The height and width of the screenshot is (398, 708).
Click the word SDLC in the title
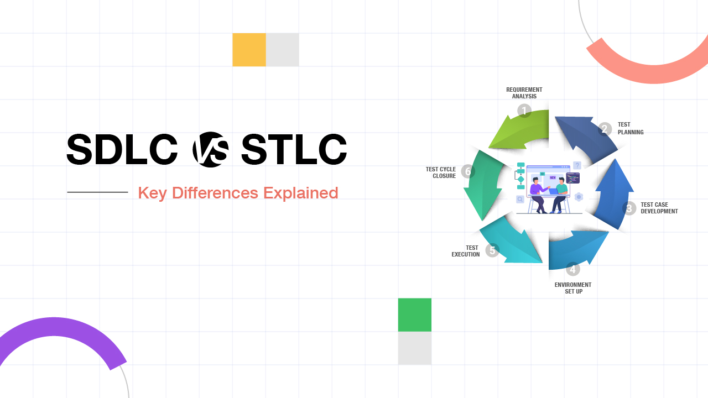coord(122,150)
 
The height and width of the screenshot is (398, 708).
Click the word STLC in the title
coord(294,150)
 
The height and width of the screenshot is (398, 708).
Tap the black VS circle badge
coord(210,150)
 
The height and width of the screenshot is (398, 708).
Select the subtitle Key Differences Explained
coord(238,193)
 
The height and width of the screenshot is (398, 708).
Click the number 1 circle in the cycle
coord(524,111)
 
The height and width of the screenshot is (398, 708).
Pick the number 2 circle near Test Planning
coord(605,129)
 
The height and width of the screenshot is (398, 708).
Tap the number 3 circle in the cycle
coord(629,208)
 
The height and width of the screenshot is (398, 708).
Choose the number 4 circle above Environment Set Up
coord(573,269)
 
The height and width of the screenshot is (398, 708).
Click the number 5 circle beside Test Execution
coord(492,250)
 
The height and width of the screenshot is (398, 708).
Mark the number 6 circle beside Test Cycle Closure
coord(468,171)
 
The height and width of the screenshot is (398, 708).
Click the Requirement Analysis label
coord(524,93)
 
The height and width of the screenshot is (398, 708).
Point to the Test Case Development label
coord(659,208)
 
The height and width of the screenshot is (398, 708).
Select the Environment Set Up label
coord(573,288)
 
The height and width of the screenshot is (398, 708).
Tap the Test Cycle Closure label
coord(441,172)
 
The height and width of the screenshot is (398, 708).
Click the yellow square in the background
coord(249,50)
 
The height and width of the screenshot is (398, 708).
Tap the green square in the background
coord(414,315)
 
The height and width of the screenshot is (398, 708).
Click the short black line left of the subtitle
coord(97,192)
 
